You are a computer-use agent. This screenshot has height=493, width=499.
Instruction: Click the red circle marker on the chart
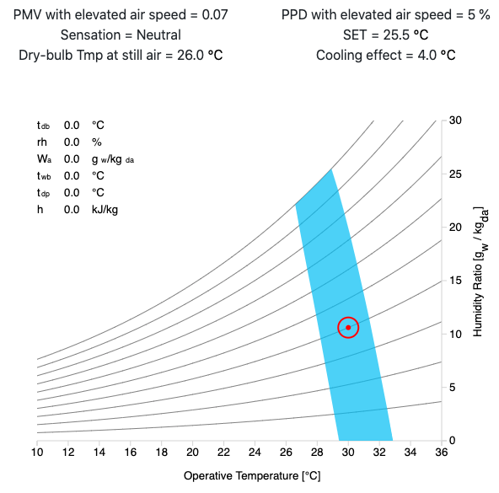(348, 327)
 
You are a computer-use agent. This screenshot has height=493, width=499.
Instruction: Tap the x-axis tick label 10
(37, 454)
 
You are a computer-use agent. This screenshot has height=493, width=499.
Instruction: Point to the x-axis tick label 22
(223, 454)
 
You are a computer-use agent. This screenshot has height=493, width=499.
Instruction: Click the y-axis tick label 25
(455, 174)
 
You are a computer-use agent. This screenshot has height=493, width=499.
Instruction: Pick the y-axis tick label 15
(455, 281)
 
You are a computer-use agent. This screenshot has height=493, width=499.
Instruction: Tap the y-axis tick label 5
(453, 388)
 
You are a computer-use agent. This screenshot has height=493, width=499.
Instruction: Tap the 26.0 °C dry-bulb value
(201, 56)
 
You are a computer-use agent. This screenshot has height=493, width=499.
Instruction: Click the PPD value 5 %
(475, 16)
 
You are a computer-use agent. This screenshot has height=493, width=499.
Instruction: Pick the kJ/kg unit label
(105, 209)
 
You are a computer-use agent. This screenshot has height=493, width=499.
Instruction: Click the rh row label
(41, 142)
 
